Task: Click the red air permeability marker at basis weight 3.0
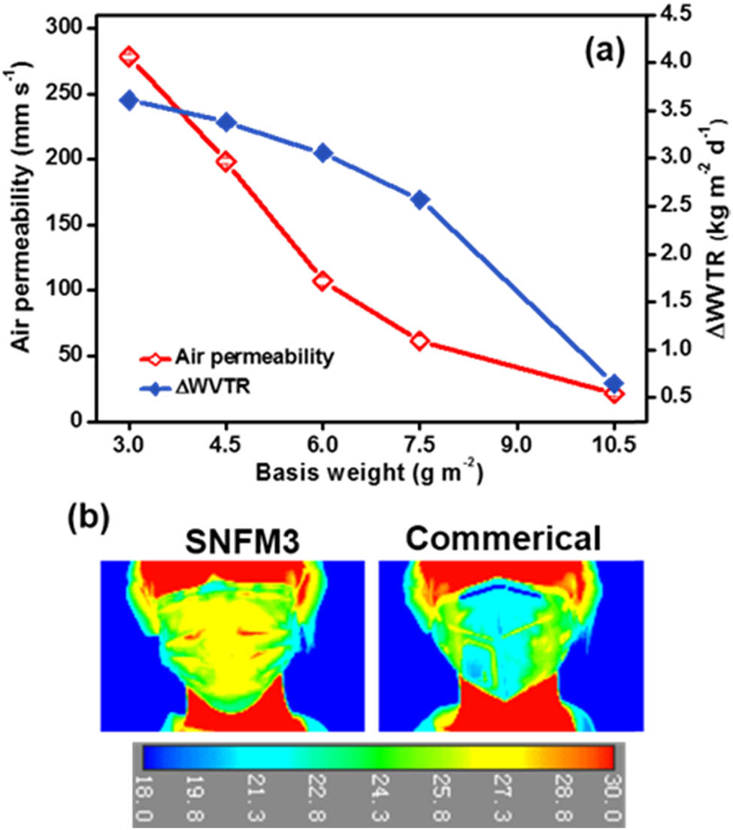[x=129, y=57]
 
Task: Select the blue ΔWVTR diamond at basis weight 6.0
[x=323, y=153]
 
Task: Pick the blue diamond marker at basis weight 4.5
[x=226, y=123]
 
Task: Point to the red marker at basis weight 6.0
[x=323, y=280]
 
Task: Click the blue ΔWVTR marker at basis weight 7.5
[x=420, y=199]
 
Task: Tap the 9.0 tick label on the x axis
[x=517, y=445]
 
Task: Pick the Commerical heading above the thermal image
[x=510, y=539]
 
